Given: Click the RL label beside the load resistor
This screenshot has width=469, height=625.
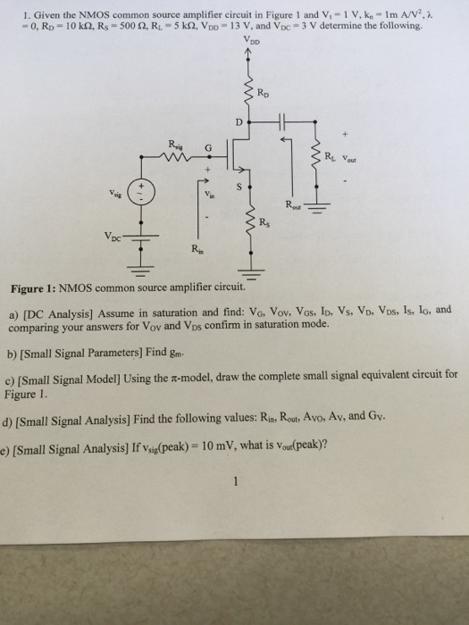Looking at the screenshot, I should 331,159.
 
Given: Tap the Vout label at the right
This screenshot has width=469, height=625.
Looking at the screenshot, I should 351,162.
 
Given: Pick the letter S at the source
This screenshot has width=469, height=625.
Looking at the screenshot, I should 238,187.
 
